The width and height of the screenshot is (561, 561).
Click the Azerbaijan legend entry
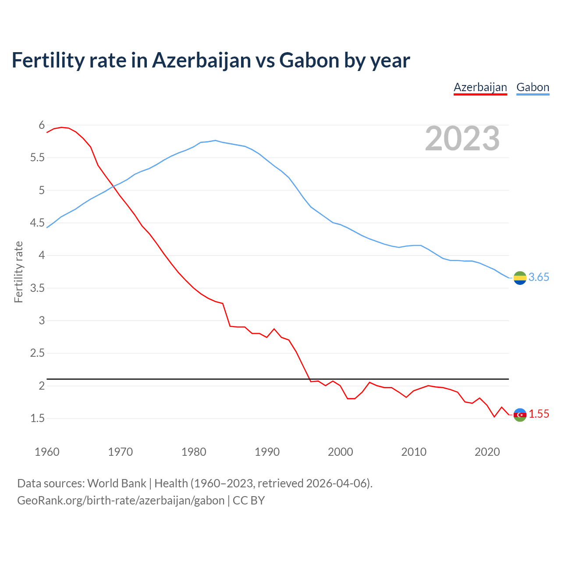tap(480, 87)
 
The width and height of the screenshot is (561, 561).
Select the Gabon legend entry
tap(533, 87)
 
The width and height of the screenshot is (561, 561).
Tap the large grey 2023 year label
tap(462, 138)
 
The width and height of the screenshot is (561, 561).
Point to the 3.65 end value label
tap(539, 277)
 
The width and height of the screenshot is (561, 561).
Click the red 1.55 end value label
tap(539, 414)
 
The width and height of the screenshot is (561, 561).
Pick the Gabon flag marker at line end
tap(520, 278)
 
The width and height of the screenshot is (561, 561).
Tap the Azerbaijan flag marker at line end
tap(520, 415)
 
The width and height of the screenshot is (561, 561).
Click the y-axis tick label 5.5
tap(37, 158)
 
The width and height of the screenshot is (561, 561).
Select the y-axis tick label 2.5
tap(37, 353)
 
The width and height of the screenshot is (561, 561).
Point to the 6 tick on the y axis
tap(42, 125)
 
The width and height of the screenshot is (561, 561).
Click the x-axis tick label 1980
tap(194, 452)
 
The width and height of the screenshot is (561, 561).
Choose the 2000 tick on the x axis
tap(340, 452)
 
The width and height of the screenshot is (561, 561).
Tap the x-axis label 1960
tap(47, 452)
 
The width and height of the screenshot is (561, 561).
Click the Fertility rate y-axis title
tap(18, 272)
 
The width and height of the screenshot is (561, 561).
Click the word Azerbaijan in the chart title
tap(202, 60)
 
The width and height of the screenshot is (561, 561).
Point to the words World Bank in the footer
tap(117, 483)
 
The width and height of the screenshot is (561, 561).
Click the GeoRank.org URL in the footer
tap(121, 501)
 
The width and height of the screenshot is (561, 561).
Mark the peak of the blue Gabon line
tap(215, 140)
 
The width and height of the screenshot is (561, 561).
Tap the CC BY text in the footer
tap(249, 501)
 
